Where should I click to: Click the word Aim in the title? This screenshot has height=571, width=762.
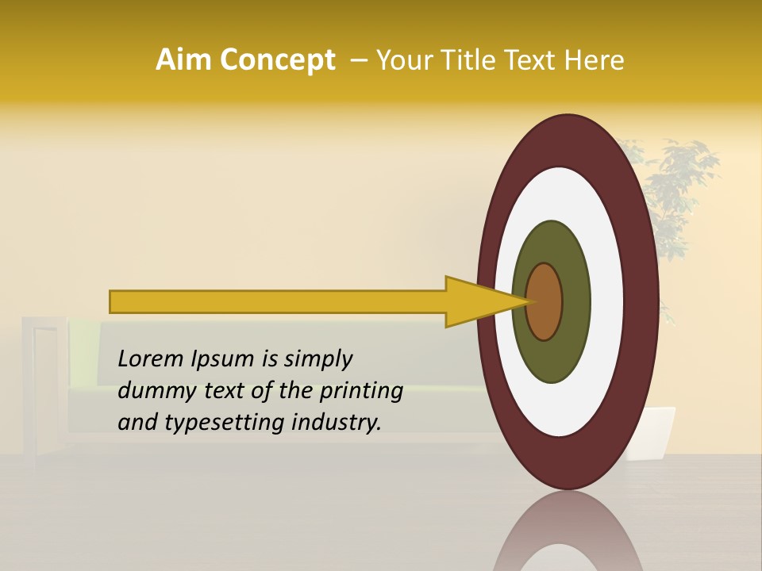(x=182, y=60)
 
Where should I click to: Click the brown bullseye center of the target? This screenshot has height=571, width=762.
(x=544, y=301)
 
